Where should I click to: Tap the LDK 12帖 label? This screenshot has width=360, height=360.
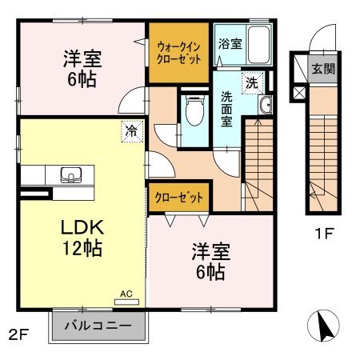coord(82,237)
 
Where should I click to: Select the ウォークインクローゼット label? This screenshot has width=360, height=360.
coord(179,53)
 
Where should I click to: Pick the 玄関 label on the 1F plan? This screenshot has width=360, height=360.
coord(323,69)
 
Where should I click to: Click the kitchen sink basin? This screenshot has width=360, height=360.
coord(69,175)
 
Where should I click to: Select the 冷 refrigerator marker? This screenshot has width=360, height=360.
coord(130,128)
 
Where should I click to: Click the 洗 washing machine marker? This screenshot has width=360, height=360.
coord(252,82)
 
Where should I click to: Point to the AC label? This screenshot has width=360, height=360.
coord(126,294)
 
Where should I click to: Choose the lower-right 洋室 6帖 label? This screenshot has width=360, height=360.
coord(207,262)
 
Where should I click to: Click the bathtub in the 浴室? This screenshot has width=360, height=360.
coord(261,41)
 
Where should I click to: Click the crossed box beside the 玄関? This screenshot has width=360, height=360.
coord(299,94)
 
